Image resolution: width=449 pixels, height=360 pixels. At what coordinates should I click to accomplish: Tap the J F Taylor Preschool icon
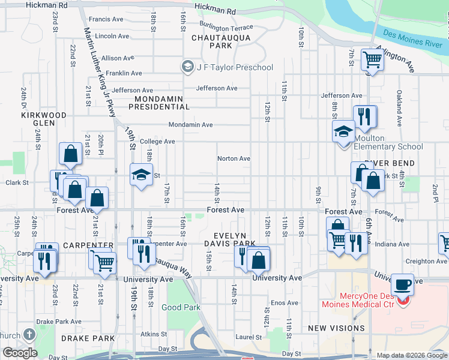(x=188, y=67)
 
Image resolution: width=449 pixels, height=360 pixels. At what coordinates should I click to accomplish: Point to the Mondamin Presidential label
(x=162, y=103)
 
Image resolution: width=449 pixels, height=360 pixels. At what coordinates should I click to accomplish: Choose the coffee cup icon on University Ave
(x=402, y=283)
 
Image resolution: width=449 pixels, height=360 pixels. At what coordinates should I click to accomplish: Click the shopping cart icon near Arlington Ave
(x=372, y=59)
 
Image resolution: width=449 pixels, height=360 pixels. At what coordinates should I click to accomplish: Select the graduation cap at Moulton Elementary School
(x=344, y=130)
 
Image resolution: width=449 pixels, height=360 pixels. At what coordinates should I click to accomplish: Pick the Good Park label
(x=180, y=308)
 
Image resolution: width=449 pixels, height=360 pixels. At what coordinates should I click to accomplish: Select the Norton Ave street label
(x=234, y=158)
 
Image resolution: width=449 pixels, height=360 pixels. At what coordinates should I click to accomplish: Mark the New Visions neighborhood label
(x=336, y=328)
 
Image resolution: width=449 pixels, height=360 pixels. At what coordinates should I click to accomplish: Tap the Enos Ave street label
(x=285, y=303)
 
